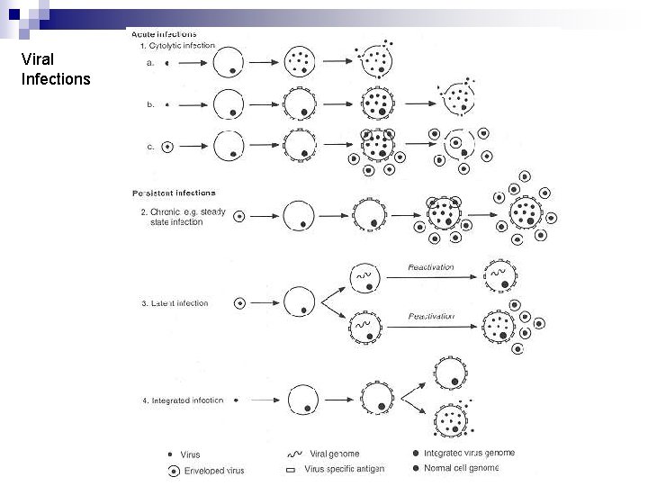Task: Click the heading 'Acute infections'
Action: (x=164, y=33)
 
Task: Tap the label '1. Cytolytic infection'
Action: (x=177, y=45)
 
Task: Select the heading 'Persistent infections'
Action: (x=174, y=193)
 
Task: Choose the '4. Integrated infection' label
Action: (x=183, y=400)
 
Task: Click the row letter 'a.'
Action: (x=150, y=63)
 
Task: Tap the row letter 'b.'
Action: (x=151, y=104)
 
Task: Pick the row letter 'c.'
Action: (x=150, y=146)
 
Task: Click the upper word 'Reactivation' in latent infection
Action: (x=431, y=267)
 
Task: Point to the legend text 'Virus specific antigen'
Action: (x=344, y=469)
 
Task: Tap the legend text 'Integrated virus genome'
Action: (x=469, y=453)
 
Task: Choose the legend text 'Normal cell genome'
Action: (x=461, y=468)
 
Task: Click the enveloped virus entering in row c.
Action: (x=167, y=147)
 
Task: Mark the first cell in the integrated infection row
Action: (x=303, y=400)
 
